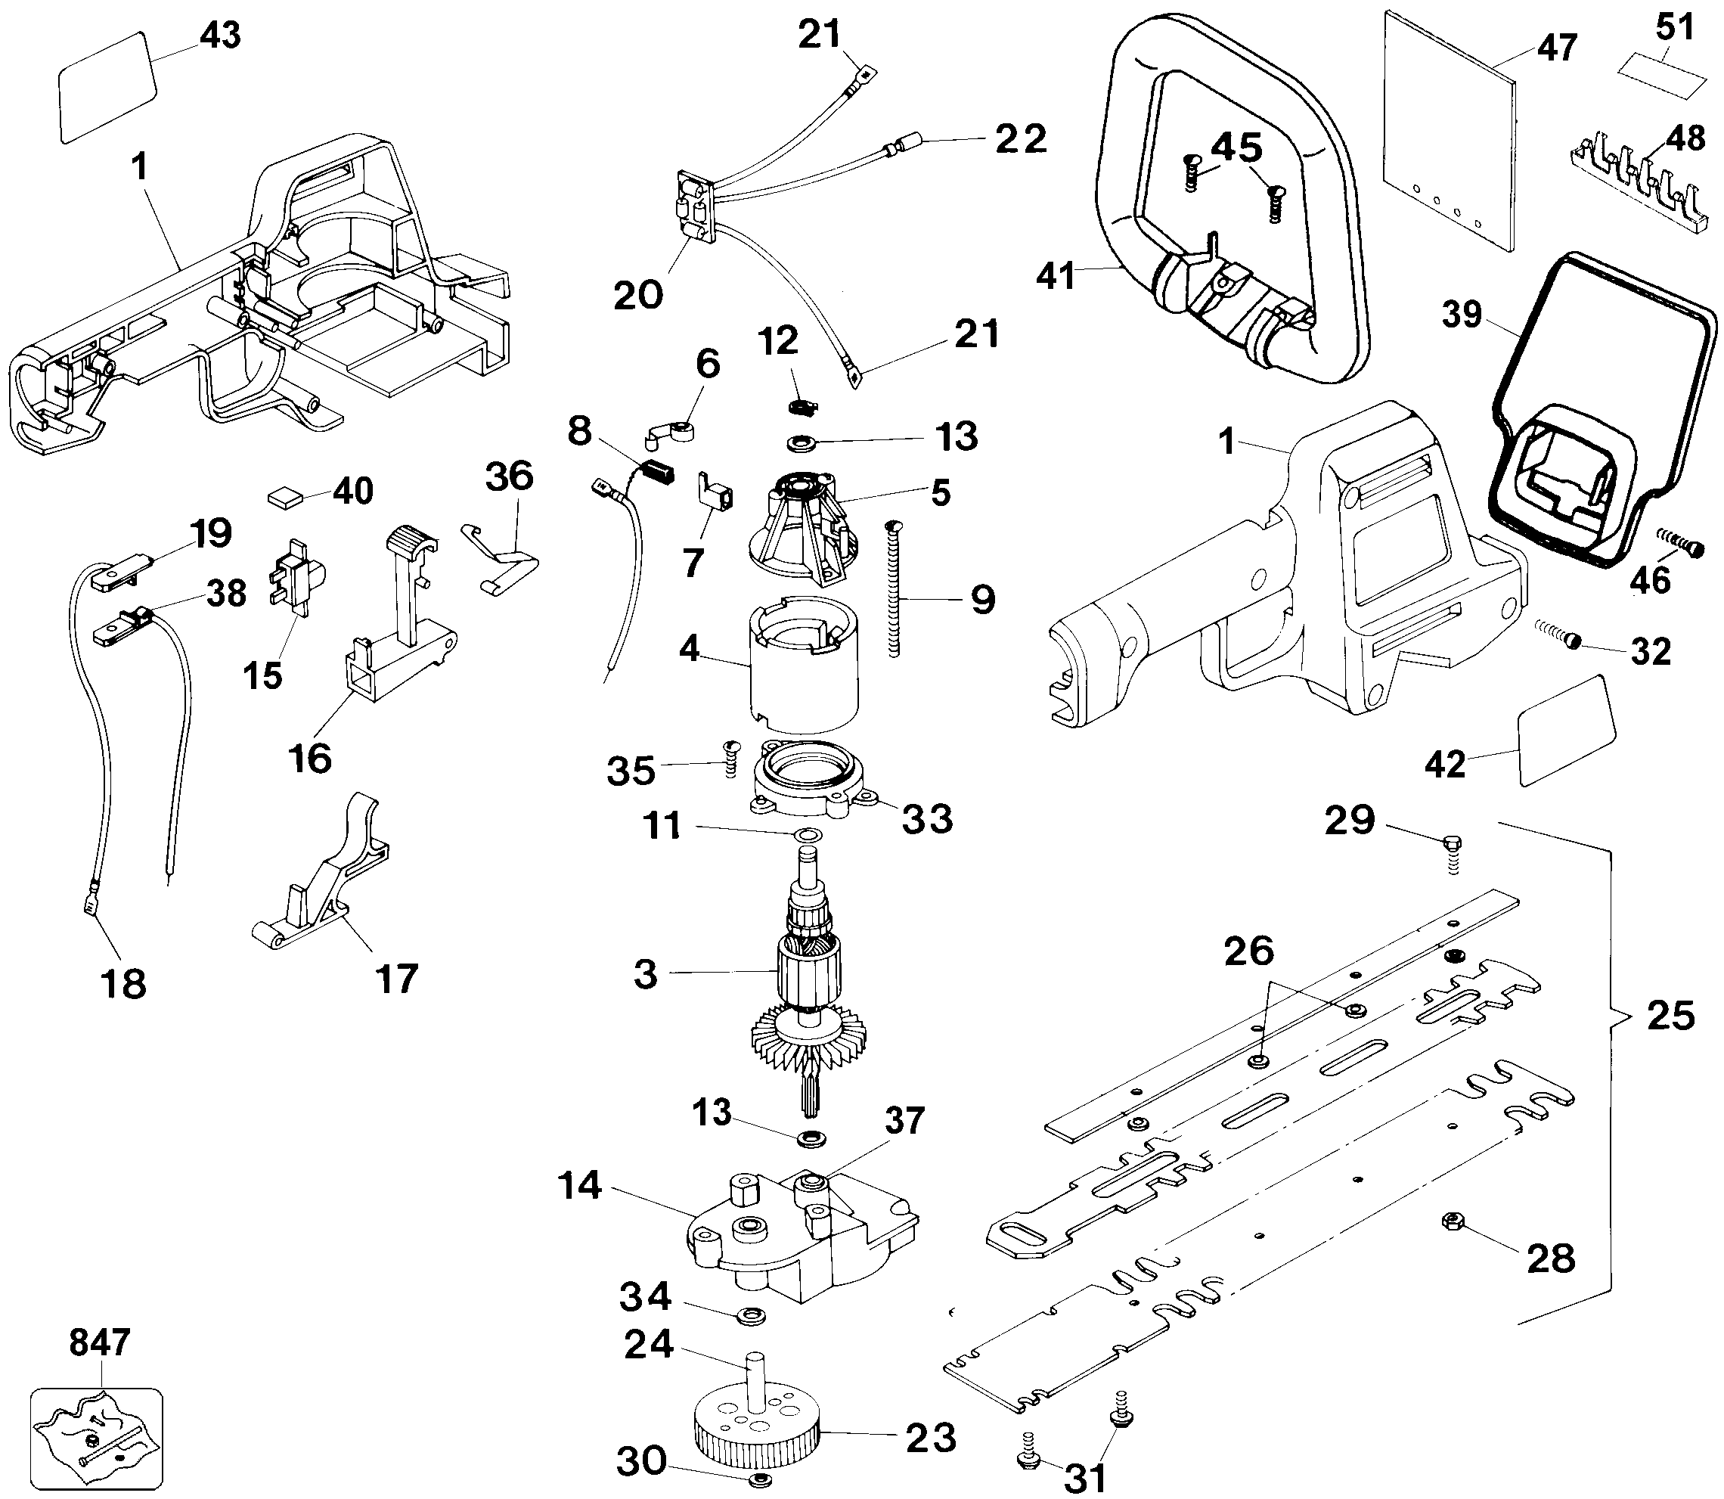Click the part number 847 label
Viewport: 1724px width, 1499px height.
[100, 1342]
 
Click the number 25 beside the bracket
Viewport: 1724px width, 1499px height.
[1670, 1016]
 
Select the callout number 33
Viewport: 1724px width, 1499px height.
[927, 818]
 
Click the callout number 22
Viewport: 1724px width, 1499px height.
[1020, 139]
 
